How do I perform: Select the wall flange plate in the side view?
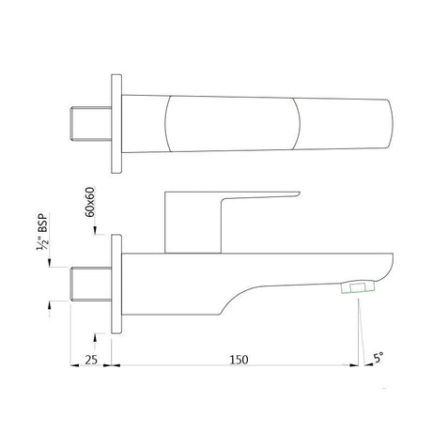[x=117, y=282]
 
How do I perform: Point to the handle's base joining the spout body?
[x=193, y=251]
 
